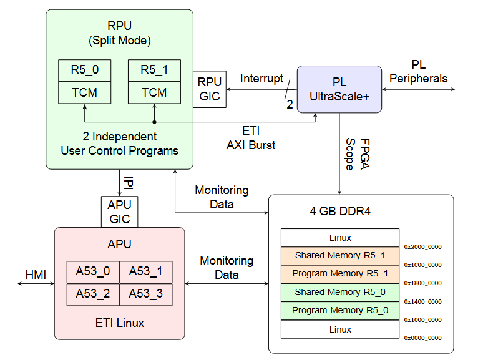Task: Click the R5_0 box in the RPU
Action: [x=84, y=71]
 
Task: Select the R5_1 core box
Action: [x=154, y=71]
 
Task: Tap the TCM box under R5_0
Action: [x=84, y=93]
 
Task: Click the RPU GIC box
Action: [x=210, y=89]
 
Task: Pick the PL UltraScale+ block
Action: [x=339, y=89]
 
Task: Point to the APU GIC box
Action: [x=120, y=212]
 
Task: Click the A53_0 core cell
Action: [x=93, y=271]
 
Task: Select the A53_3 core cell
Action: [x=145, y=294]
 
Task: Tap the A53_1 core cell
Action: [x=145, y=271]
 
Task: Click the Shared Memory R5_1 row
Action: [x=339, y=255]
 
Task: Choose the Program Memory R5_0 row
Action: [x=339, y=311]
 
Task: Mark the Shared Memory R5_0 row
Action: [x=339, y=292]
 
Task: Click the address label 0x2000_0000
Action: [x=422, y=246]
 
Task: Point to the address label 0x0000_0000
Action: [x=422, y=338]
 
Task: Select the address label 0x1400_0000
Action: [x=422, y=301]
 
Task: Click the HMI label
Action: [x=36, y=275]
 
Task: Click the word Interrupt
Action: [x=261, y=79]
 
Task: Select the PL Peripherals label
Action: [x=418, y=72]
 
